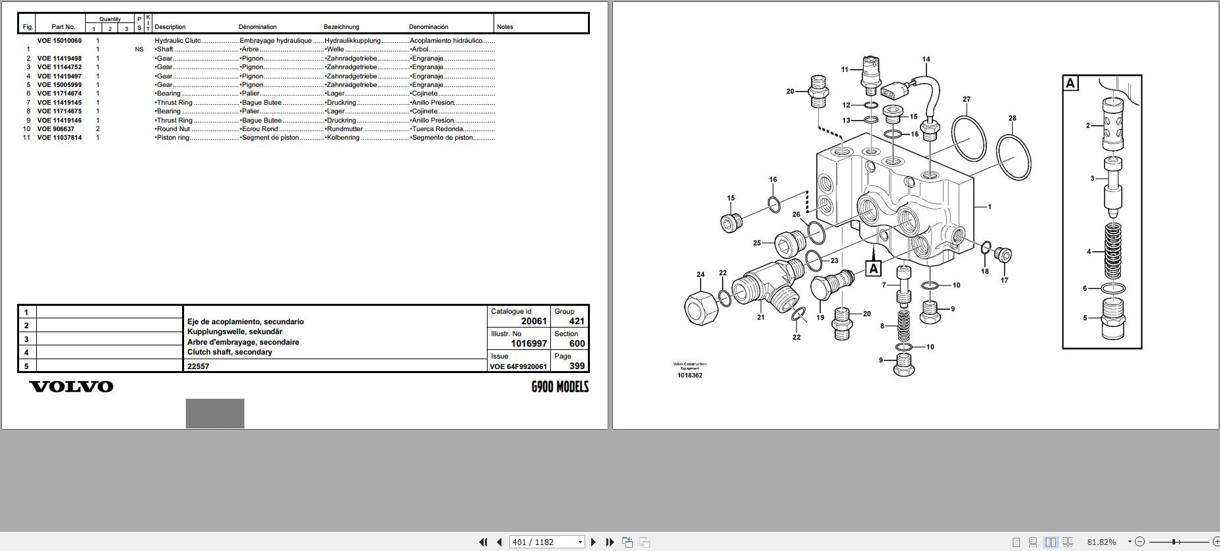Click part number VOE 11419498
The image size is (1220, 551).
tap(59, 59)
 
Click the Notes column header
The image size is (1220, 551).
tap(505, 27)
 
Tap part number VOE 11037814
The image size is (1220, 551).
tap(59, 138)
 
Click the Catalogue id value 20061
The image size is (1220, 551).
tap(534, 321)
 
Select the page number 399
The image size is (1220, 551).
tap(577, 366)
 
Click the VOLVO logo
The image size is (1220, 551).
tap(71, 387)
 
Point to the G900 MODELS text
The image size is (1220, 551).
tap(560, 387)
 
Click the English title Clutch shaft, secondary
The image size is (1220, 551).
tap(230, 352)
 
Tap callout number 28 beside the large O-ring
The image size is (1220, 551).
tap(1012, 119)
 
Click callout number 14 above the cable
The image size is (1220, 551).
tap(926, 59)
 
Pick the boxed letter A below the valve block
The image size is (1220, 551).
tap(874, 268)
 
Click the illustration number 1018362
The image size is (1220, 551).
tap(690, 376)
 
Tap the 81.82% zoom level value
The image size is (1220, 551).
tap(1101, 542)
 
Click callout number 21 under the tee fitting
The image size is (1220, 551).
tap(761, 317)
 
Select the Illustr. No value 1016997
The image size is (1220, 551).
tap(529, 343)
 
